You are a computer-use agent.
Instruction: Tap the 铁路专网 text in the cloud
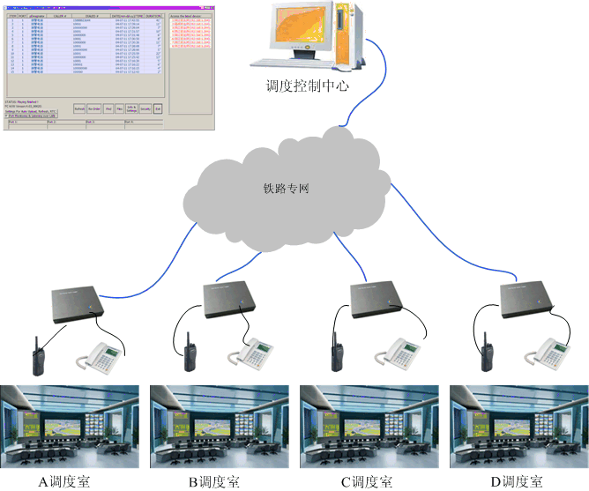click(x=287, y=188)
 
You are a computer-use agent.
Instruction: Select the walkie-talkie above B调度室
click(x=190, y=353)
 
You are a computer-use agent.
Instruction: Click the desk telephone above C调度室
click(x=400, y=352)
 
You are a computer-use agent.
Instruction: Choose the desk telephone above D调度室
click(x=549, y=352)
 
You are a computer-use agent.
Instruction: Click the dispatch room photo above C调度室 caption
click(x=365, y=427)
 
